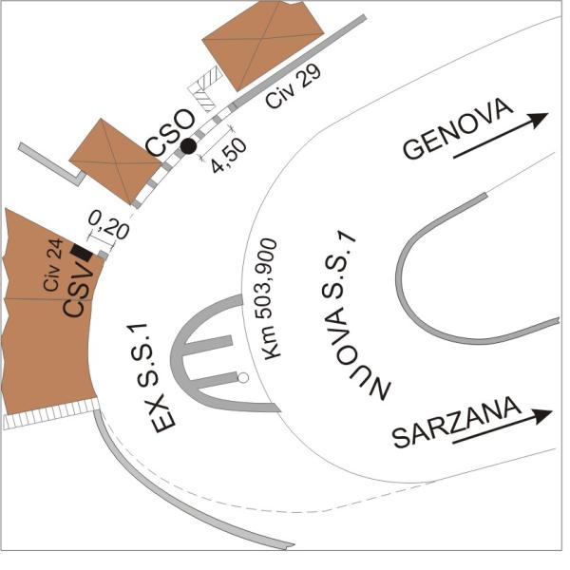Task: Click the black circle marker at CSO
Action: pyautogui.click(x=188, y=146)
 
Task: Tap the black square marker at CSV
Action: pyautogui.click(x=82, y=253)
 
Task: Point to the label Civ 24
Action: pyautogui.click(x=53, y=265)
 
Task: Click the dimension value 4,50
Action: pyautogui.click(x=229, y=156)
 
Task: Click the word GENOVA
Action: pyautogui.click(x=458, y=128)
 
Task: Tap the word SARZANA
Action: pyautogui.click(x=457, y=422)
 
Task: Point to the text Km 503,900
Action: pyautogui.click(x=268, y=299)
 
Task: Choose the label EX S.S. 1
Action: pyautogui.click(x=148, y=378)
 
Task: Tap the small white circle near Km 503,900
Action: pyautogui.click(x=243, y=378)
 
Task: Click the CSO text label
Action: pyautogui.click(x=170, y=133)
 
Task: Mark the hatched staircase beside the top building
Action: pyautogui.click(x=204, y=89)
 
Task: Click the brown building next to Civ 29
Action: pyautogui.click(x=262, y=44)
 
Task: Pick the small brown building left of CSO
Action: pyautogui.click(x=116, y=161)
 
